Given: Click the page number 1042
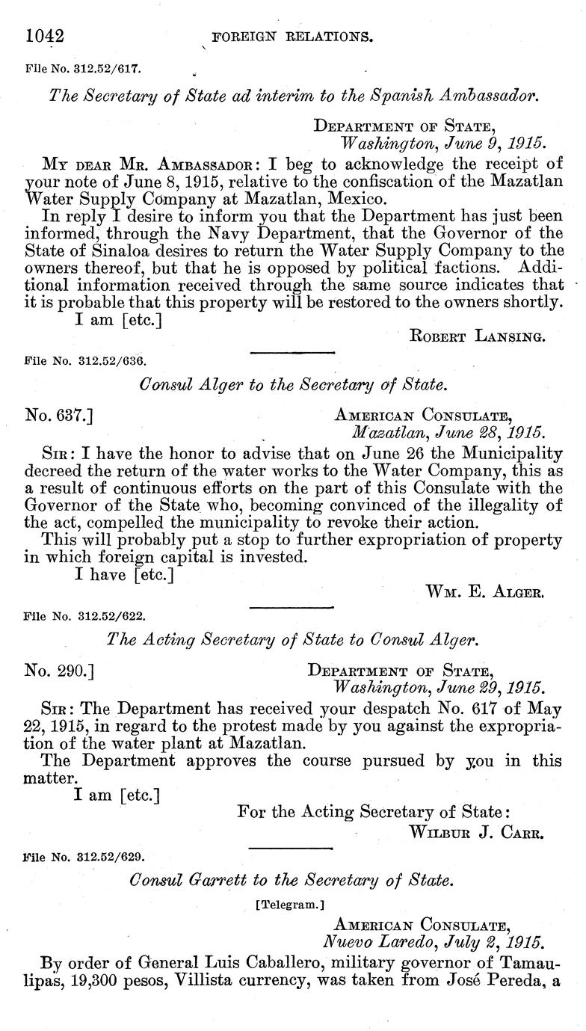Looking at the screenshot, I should point(46,35).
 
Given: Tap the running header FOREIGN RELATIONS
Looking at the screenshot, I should point(293,36).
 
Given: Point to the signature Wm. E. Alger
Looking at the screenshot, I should point(484,592).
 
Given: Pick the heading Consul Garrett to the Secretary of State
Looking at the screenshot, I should point(292,880).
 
